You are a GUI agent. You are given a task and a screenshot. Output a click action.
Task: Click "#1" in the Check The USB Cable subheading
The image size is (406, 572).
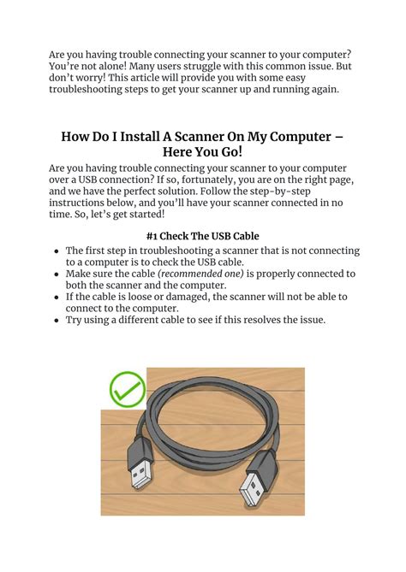[154, 235]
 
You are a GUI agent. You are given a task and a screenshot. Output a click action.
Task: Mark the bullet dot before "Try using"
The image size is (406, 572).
[57, 321]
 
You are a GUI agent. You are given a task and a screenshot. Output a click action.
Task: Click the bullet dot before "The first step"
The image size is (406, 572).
[57, 251]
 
